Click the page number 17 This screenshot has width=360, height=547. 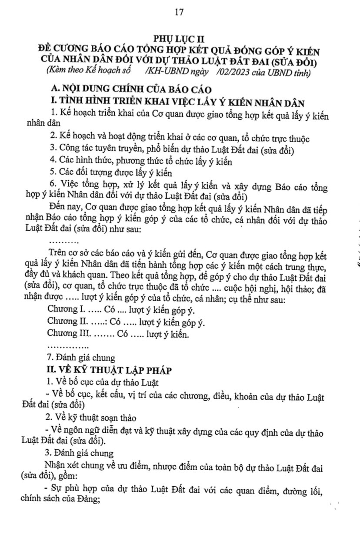[x=180, y=12]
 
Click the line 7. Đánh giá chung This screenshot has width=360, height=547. [x=80, y=358]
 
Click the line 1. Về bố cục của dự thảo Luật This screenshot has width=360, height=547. [x=103, y=382]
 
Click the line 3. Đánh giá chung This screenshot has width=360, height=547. [x=80, y=453]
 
